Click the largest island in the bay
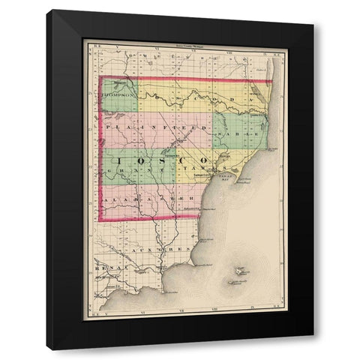point(239,270)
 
